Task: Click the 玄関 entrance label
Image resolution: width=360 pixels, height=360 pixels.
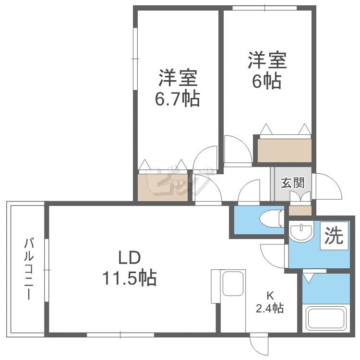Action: (293, 183)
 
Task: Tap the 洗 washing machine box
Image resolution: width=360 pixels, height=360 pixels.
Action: (334, 236)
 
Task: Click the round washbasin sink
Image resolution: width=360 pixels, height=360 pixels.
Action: (301, 231)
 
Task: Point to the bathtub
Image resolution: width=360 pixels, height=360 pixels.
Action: (326, 318)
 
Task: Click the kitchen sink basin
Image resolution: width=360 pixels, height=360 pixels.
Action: (233, 284)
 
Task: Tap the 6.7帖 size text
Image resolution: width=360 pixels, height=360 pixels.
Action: (178, 99)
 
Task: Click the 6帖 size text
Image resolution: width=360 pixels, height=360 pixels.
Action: (267, 81)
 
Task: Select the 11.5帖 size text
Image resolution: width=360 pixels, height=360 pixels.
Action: (130, 277)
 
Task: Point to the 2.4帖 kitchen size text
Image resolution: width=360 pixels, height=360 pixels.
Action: (270, 308)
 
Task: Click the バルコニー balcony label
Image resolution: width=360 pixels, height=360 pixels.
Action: (29, 269)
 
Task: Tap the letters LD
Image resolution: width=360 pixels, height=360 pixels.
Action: (129, 257)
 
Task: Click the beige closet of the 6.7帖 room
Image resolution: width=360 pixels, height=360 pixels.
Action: (163, 188)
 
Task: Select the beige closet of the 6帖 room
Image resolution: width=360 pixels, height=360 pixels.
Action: (285, 150)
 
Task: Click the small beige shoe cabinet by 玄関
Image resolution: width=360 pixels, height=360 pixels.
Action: (300, 211)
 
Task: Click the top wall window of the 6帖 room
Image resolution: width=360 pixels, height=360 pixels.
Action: (264, 8)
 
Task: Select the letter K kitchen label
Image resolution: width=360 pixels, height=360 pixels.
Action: (270, 296)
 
